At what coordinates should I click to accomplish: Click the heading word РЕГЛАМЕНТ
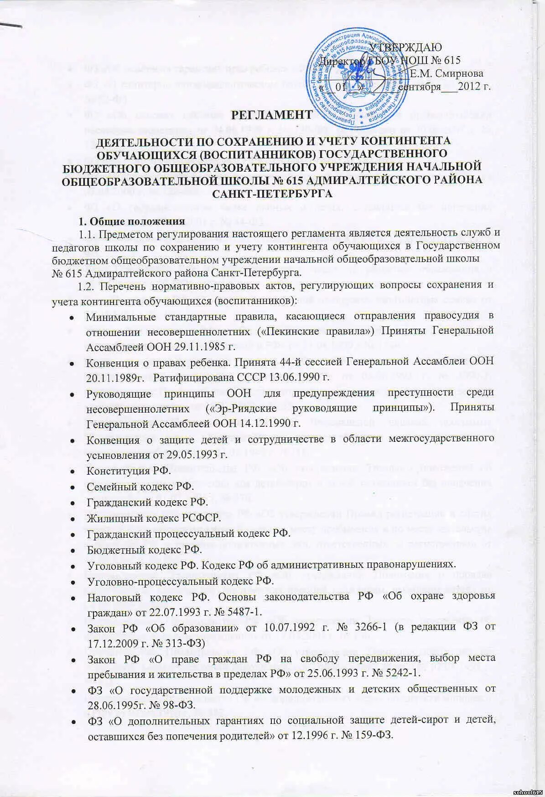tap(272, 115)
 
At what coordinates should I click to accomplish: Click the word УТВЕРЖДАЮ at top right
tap(405, 47)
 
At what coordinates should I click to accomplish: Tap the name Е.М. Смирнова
tap(446, 73)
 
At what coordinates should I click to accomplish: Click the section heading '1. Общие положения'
tap(132, 222)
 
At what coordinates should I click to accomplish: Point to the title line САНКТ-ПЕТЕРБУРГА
tap(272, 194)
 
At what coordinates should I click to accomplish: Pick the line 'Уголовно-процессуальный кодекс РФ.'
tap(180, 581)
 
